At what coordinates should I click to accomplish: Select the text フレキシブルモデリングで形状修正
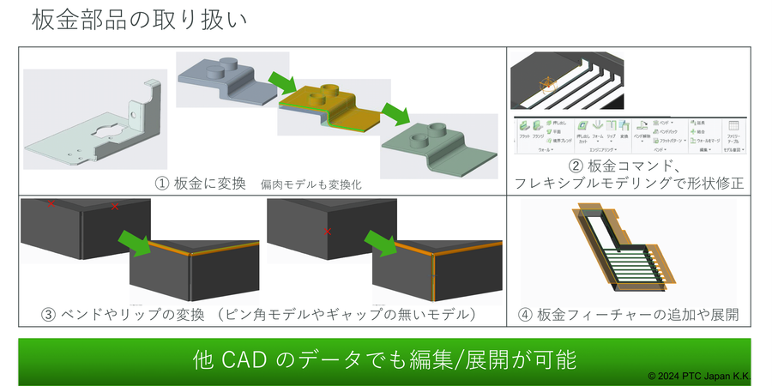[628, 183]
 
